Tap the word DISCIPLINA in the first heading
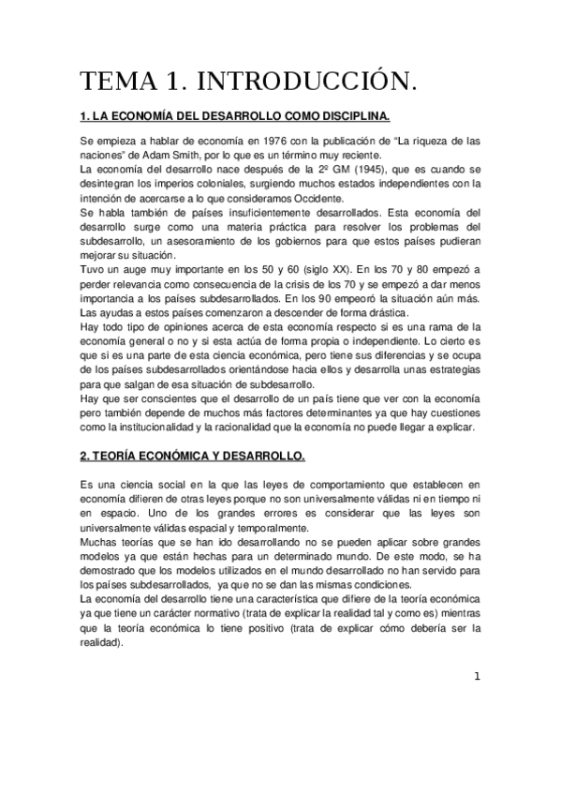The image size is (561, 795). (351, 116)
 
